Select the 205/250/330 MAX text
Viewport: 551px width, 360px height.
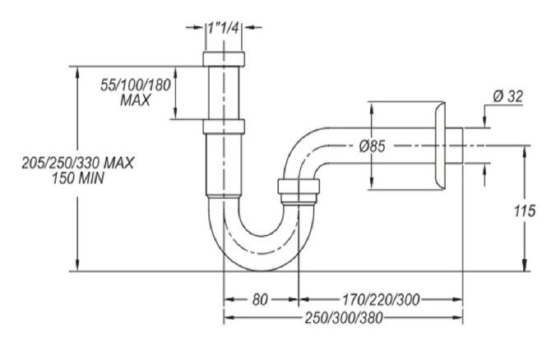[x=78, y=162]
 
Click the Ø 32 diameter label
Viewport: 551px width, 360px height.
[x=507, y=96]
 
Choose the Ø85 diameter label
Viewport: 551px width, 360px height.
[x=374, y=146]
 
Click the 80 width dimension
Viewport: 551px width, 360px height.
[x=260, y=300]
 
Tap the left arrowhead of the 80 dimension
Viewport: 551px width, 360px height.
[x=229, y=300]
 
